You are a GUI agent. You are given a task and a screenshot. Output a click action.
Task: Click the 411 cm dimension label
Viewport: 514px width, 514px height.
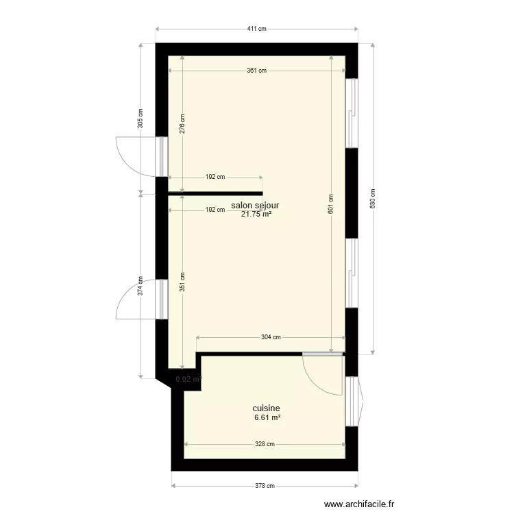(x=256, y=29)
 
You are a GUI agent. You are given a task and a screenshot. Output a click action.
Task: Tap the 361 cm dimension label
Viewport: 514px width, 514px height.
(x=256, y=71)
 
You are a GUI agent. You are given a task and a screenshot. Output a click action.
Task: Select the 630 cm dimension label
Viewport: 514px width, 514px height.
(x=372, y=199)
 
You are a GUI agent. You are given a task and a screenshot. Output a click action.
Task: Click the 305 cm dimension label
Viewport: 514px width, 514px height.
(x=140, y=119)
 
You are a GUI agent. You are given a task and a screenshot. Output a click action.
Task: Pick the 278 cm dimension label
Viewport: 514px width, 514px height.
(x=182, y=123)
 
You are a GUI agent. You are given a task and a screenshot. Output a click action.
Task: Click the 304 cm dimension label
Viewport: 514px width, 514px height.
(x=271, y=337)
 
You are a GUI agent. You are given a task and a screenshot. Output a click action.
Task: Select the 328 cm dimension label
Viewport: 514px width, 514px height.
(x=265, y=444)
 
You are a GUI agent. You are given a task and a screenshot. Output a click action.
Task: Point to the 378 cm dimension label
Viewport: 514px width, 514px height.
(x=265, y=487)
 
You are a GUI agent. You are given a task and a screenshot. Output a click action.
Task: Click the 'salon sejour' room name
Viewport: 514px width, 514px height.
(x=256, y=205)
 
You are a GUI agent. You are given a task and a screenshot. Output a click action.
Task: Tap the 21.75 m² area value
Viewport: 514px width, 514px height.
(x=256, y=214)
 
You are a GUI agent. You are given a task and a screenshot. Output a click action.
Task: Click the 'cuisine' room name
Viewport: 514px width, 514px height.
(x=266, y=408)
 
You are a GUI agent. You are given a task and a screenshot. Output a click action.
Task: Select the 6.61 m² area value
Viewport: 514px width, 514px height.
(x=267, y=417)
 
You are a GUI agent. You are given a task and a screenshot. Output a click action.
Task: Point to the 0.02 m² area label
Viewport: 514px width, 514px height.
(x=188, y=378)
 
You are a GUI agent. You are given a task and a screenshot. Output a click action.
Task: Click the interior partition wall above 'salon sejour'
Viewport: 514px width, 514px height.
(x=215, y=193)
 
